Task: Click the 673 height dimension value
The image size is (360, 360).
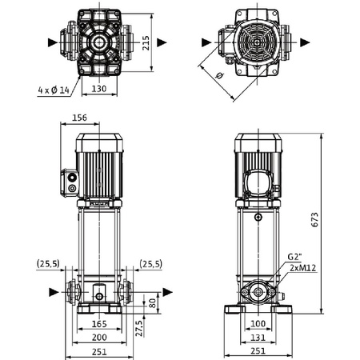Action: (315, 219)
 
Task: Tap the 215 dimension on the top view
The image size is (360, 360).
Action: (146, 43)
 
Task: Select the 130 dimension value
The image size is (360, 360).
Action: (99, 89)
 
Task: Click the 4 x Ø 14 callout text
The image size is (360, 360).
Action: (54, 90)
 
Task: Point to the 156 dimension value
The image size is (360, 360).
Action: (80, 118)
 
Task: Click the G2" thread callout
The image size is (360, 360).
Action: (294, 257)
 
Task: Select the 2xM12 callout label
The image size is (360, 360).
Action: (303, 268)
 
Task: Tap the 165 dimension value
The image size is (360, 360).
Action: (99, 324)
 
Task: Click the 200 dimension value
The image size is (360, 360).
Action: (99, 338)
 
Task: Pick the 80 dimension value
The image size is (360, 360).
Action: (152, 303)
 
